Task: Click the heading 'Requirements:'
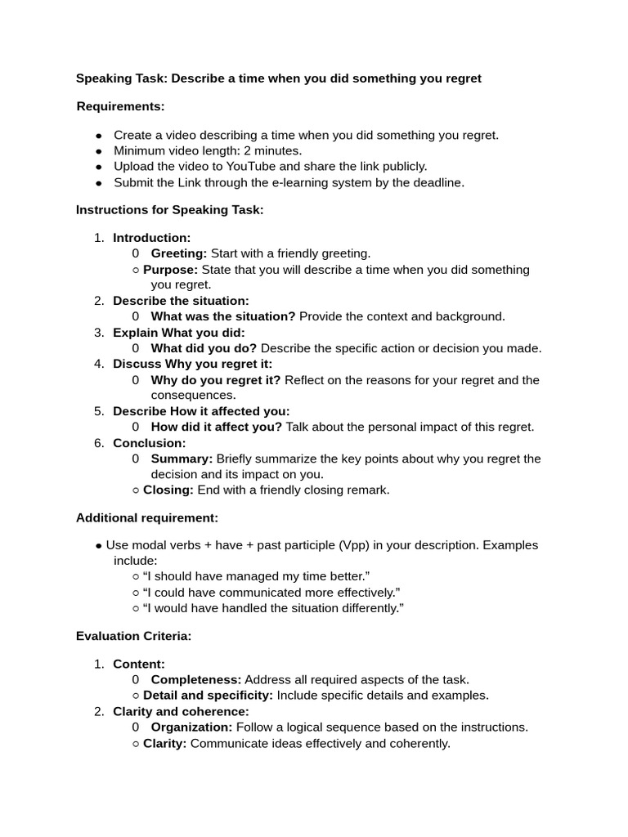tap(120, 106)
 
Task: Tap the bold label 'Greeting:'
tap(179, 253)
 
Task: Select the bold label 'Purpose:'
tap(170, 269)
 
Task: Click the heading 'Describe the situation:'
tap(181, 301)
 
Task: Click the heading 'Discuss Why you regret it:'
tap(192, 364)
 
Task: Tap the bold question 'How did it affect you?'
tap(216, 427)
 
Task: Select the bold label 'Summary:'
tap(182, 459)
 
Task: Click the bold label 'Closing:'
tap(168, 490)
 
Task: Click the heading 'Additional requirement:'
tap(147, 518)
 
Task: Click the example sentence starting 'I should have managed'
tap(256, 576)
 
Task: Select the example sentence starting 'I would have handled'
tap(273, 608)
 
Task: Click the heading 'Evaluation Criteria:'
tap(133, 636)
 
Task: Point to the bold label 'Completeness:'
tap(196, 679)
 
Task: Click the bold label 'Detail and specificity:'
tap(208, 696)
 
